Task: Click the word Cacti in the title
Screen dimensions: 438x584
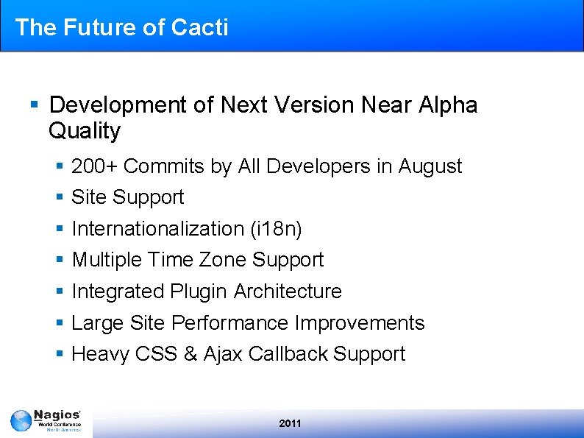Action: click(x=199, y=27)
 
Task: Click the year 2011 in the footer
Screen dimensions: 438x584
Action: click(x=291, y=423)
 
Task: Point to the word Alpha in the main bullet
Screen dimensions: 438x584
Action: click(x=447, y=105)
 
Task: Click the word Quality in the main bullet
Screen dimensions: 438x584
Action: click(x=84, y=131)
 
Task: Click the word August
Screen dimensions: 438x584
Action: click(x=430, y=166)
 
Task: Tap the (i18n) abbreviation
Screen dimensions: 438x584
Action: click(x=276, y=229)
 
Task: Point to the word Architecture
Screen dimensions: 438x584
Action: click(x=288, y=292)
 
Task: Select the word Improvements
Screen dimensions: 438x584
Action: click(x=360, y=323)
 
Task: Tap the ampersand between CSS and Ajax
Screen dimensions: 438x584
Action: click(x=190, y=354)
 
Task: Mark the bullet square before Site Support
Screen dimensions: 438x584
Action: click(x=60, y=198)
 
